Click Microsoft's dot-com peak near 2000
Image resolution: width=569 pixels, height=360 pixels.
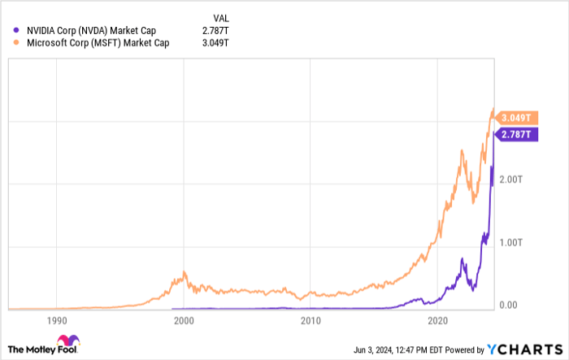[x=185, y=272]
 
